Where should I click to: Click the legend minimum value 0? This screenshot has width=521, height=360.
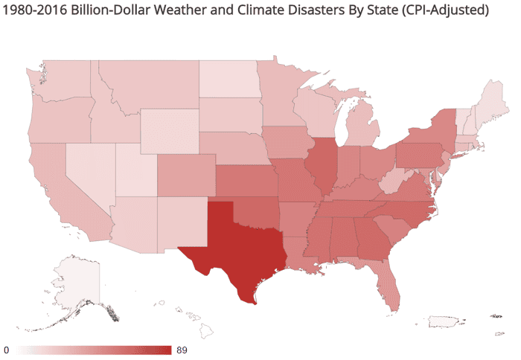[6, 350]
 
